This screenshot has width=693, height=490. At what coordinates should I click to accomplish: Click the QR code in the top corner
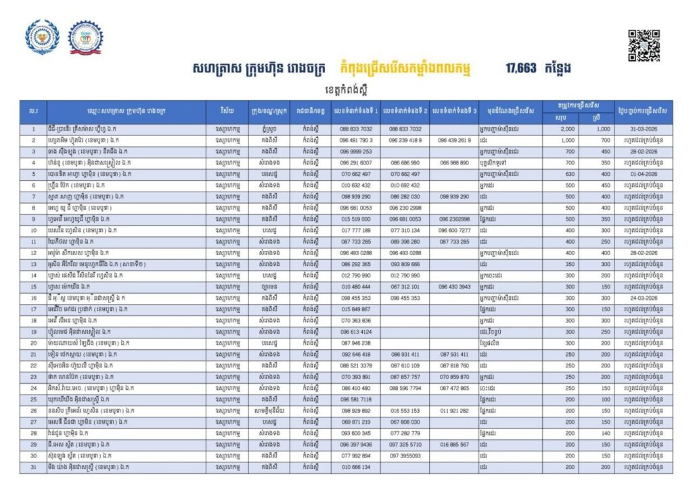[644, 45]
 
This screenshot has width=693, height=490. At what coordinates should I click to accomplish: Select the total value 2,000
[568, 129]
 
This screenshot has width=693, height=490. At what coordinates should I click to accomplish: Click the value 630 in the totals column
[569, 174]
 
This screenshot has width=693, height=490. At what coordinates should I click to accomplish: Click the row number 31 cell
[33, 467]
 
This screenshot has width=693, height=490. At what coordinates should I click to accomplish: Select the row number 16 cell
[33, 298]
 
